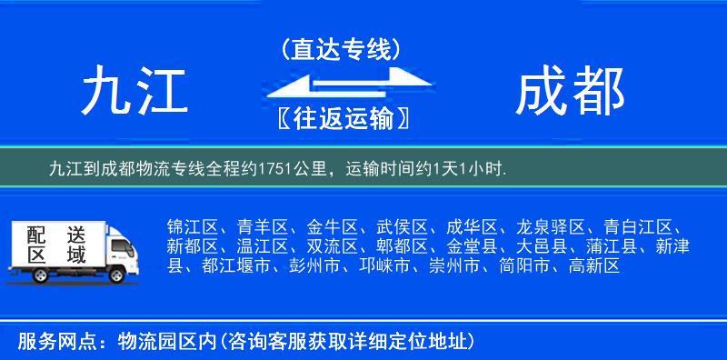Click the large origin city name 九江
tap(134, 93)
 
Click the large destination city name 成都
tap(570, 93)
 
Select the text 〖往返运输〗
tap(341, 119)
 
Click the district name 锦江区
tap(193, 226)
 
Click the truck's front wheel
tap(118, 275)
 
